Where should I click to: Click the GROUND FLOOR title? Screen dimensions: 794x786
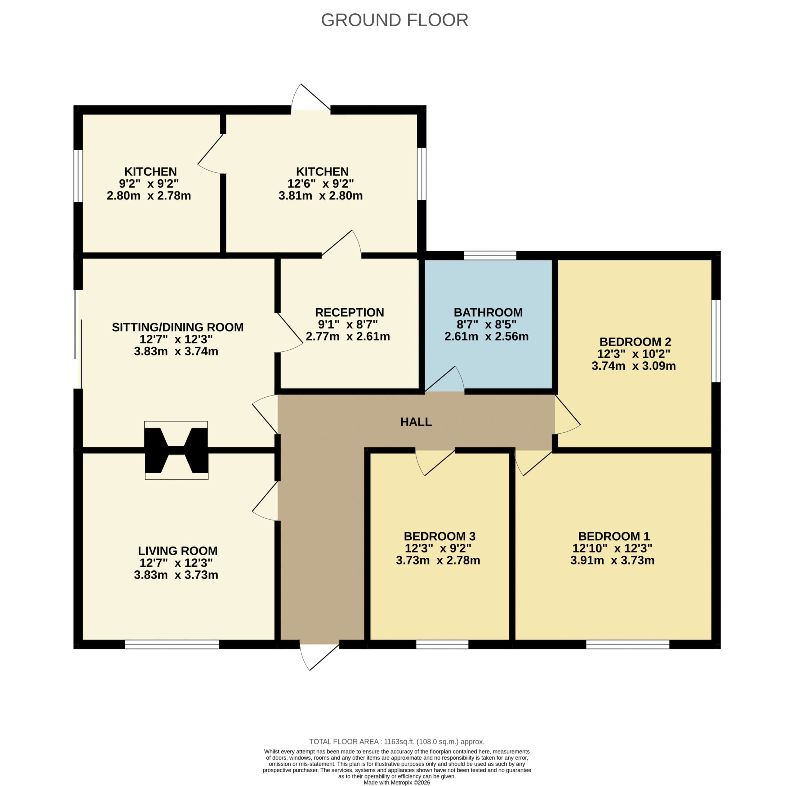click(395, 20)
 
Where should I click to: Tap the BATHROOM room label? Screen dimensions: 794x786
click(488, 312)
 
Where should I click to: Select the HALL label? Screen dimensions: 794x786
click(416, 422)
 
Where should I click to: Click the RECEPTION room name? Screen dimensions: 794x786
click(349, 312)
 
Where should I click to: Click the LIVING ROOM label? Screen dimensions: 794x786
click(177, 551)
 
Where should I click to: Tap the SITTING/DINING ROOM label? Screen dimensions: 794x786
click(177, 327)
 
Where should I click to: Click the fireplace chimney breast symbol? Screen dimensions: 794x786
click(176, 450)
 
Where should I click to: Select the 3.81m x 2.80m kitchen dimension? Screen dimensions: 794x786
click(321, 196)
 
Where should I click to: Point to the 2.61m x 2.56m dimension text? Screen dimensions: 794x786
click(487, 336)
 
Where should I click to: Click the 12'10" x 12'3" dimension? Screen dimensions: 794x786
click(612, 548)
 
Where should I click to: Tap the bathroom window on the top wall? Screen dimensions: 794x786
click(490, 256)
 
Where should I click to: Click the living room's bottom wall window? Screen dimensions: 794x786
click(172, 644)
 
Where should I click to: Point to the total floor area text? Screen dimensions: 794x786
click(397, 742)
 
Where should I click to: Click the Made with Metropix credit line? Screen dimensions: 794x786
click(397, 782)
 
